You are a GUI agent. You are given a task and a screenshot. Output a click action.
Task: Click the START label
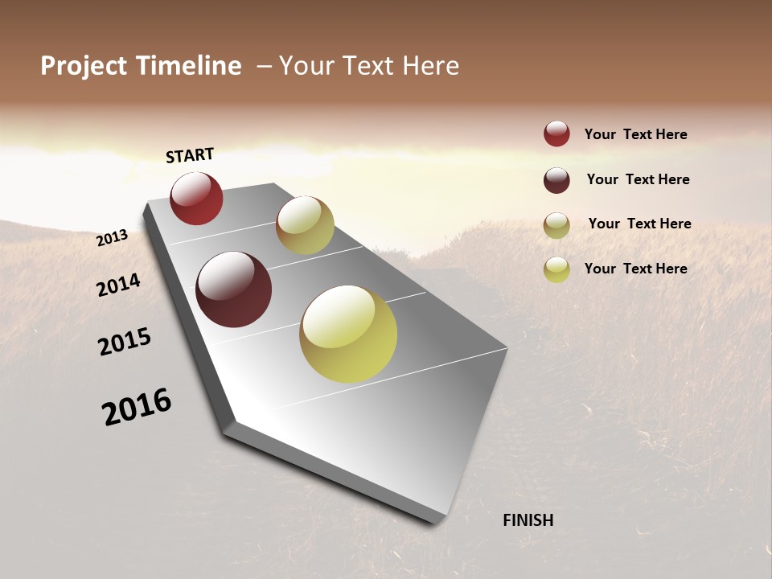[x=190, y=155]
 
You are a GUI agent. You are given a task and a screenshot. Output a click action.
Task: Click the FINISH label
[x=528, y=520]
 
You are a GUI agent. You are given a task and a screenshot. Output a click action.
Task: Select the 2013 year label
[x=113, y=238]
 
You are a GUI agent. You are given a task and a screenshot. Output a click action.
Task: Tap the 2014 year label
[x=119, y=285]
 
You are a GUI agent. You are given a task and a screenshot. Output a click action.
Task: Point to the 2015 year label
[x=125, y=342]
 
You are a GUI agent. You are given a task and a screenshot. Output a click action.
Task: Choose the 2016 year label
[x=137, y=407]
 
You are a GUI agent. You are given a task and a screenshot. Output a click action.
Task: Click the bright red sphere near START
[x=196, y=199]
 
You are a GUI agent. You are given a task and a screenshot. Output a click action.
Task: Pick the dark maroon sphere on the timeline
[x=234, y=289]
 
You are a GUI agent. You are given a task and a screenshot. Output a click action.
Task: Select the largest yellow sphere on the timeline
[x=348, y=334]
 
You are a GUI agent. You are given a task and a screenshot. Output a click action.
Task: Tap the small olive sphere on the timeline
[x=305, y=225]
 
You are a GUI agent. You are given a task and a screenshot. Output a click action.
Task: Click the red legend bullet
[x=556, y=134]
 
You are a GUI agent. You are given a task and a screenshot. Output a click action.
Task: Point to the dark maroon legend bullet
[x=556, y=180]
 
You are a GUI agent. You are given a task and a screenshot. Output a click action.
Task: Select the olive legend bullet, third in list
[x=556, y=225]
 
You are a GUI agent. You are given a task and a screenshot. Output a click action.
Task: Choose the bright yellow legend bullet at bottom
[x=556, y=269]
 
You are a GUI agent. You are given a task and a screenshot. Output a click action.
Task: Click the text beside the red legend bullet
[x=635, y=134]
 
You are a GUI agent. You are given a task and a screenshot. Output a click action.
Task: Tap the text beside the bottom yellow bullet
[x=635, y=269]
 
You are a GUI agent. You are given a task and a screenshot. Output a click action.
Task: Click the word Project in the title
[x=84, y=66]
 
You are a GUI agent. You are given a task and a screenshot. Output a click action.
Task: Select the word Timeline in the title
[x=191, y=66]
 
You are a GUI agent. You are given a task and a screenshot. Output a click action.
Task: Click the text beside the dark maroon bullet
[x=638, y=179]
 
